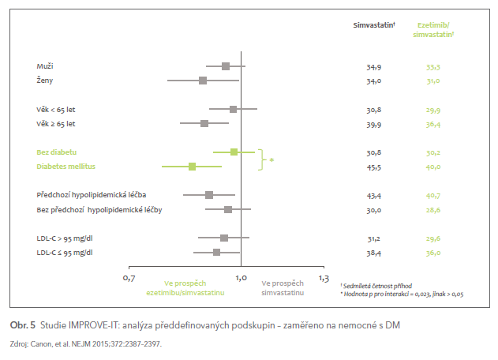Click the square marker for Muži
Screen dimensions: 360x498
tap(226, 66)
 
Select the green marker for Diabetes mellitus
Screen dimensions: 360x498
tap(192, 167)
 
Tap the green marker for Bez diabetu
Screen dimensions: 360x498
tap(234, 152)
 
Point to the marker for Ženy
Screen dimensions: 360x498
tap(203, 81)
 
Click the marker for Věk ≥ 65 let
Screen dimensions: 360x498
tap(204, 123)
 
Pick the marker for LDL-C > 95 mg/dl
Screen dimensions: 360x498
tap(224, 238)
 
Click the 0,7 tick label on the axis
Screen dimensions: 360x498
tap(130, 278)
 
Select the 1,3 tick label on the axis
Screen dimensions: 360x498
tap(324, 278)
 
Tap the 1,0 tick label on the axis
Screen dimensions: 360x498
tap(242, 278)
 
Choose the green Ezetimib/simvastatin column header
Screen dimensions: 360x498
tap(433, 30)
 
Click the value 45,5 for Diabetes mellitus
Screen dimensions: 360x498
tap(374, 167)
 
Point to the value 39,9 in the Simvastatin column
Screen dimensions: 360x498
tap(374, 124)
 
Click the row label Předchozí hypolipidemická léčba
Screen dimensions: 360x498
tap(92, 194)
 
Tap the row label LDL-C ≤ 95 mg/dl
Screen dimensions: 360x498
tap(65, 252)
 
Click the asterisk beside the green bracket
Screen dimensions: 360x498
tap(272, 160)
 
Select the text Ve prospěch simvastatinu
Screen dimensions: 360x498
tap(282, 287)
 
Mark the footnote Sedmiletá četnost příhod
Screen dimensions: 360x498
tap(378, 285)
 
